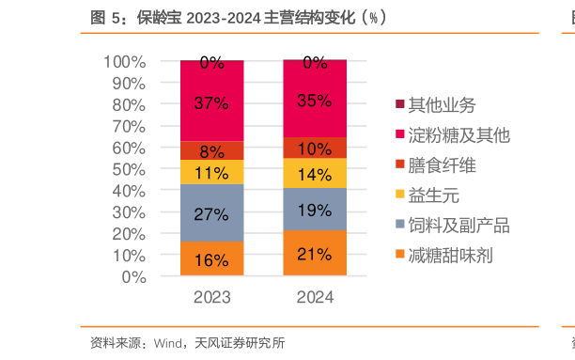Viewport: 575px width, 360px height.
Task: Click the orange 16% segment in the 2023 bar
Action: click(x=211, y=259)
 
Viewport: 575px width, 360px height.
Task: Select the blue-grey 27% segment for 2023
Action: click(x=211, y=213)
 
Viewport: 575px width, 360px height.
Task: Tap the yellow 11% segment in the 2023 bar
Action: click(x=211, y=172)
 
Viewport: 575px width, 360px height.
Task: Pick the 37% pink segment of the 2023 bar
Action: click(x=211, y=102)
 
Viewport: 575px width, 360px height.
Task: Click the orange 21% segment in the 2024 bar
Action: click(x=315, y=254)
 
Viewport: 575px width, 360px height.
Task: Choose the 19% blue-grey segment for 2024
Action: click(x=315, y=210)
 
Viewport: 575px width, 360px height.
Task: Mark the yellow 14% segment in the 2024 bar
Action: click(x=315, y=173)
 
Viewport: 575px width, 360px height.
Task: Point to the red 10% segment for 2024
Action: click(x=315, y=148)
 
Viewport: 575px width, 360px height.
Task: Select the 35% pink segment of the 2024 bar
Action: click(x=315, y=99)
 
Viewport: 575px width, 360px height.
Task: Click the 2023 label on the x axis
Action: click(x=211, y=297)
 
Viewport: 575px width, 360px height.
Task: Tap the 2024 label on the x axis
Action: click(x=315, y=297)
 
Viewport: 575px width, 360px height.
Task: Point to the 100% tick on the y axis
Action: click(x=124, y=62)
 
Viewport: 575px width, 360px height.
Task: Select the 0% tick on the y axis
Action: click(x=133, y=277)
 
